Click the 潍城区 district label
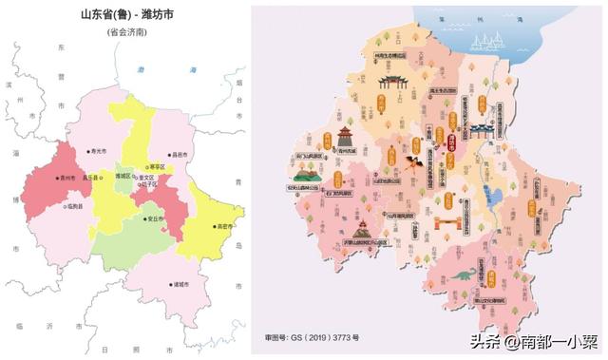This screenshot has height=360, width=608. (x=124, y=177)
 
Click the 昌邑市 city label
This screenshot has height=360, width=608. (x=178, y=155)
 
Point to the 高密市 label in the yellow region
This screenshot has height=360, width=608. (x=225, y=227)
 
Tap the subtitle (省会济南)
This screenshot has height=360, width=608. (x=126, y=32)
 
